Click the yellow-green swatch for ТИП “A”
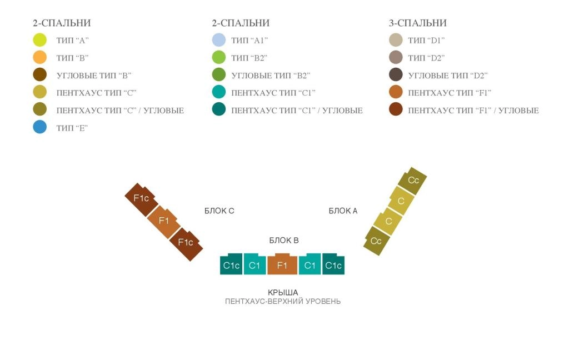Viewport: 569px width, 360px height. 40,40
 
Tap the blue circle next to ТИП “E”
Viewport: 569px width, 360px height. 40,127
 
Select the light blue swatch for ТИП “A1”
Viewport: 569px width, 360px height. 219,40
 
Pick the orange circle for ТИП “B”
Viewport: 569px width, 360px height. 40,57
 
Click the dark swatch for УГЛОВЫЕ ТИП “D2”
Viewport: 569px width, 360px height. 396,75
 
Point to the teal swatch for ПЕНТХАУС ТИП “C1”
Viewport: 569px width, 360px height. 219,92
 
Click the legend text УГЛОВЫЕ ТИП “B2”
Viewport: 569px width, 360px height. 271,76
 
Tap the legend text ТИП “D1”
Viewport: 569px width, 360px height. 426,41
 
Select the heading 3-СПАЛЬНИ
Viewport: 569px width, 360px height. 417,23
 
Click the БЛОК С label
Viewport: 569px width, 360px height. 219,211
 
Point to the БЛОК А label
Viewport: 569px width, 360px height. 343,211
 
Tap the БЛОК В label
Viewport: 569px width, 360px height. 284,240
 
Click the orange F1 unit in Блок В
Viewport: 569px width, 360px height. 282,264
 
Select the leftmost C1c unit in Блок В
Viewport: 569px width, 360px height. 231,264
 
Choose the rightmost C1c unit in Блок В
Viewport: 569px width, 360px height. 333,264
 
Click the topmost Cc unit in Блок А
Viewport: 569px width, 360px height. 413,179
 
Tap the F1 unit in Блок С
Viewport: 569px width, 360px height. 164,221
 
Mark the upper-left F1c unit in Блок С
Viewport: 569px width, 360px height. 142,199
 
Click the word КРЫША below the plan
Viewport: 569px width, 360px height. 283,292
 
